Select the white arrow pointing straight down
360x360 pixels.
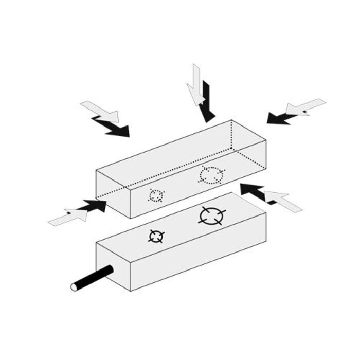(196, 85)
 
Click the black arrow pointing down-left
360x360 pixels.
(282, 117)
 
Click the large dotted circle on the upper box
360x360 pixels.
(211, 175)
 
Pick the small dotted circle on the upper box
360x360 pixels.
(156, 196)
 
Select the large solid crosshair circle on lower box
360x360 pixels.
(211, 216)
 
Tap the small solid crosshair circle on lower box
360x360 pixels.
(156, 236)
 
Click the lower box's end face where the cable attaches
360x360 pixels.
(114, 268)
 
